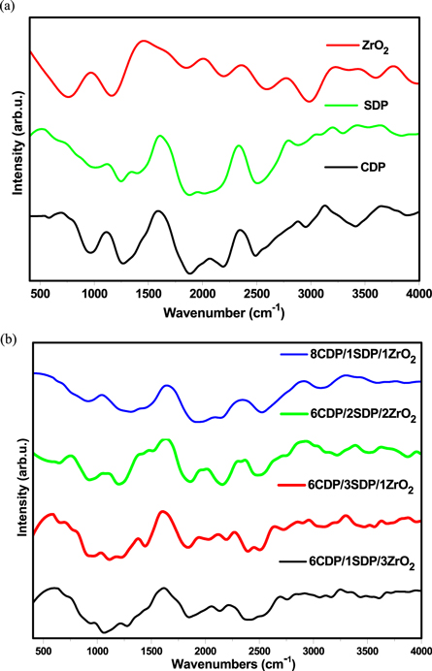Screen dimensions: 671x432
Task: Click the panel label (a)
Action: [x=9, y=9]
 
